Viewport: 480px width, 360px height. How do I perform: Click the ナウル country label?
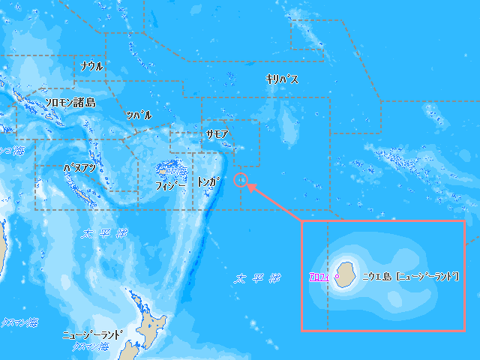point(91,66)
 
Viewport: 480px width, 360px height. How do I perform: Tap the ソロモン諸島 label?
point(70,103)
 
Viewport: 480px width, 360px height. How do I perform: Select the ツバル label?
point(139,115)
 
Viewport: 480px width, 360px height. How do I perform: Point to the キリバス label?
point(282,79)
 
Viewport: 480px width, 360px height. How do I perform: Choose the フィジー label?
point(171,184)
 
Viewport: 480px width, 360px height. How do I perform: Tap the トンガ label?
point(208,182)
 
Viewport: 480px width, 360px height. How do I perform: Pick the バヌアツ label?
point(79,168)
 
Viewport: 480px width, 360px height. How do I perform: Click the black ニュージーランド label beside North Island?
point(92,334)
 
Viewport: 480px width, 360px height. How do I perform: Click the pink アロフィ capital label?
point(319,277)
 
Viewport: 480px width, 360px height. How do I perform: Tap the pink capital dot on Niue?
point(337,277)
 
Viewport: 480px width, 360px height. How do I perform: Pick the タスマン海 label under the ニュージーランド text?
point(88,347)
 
